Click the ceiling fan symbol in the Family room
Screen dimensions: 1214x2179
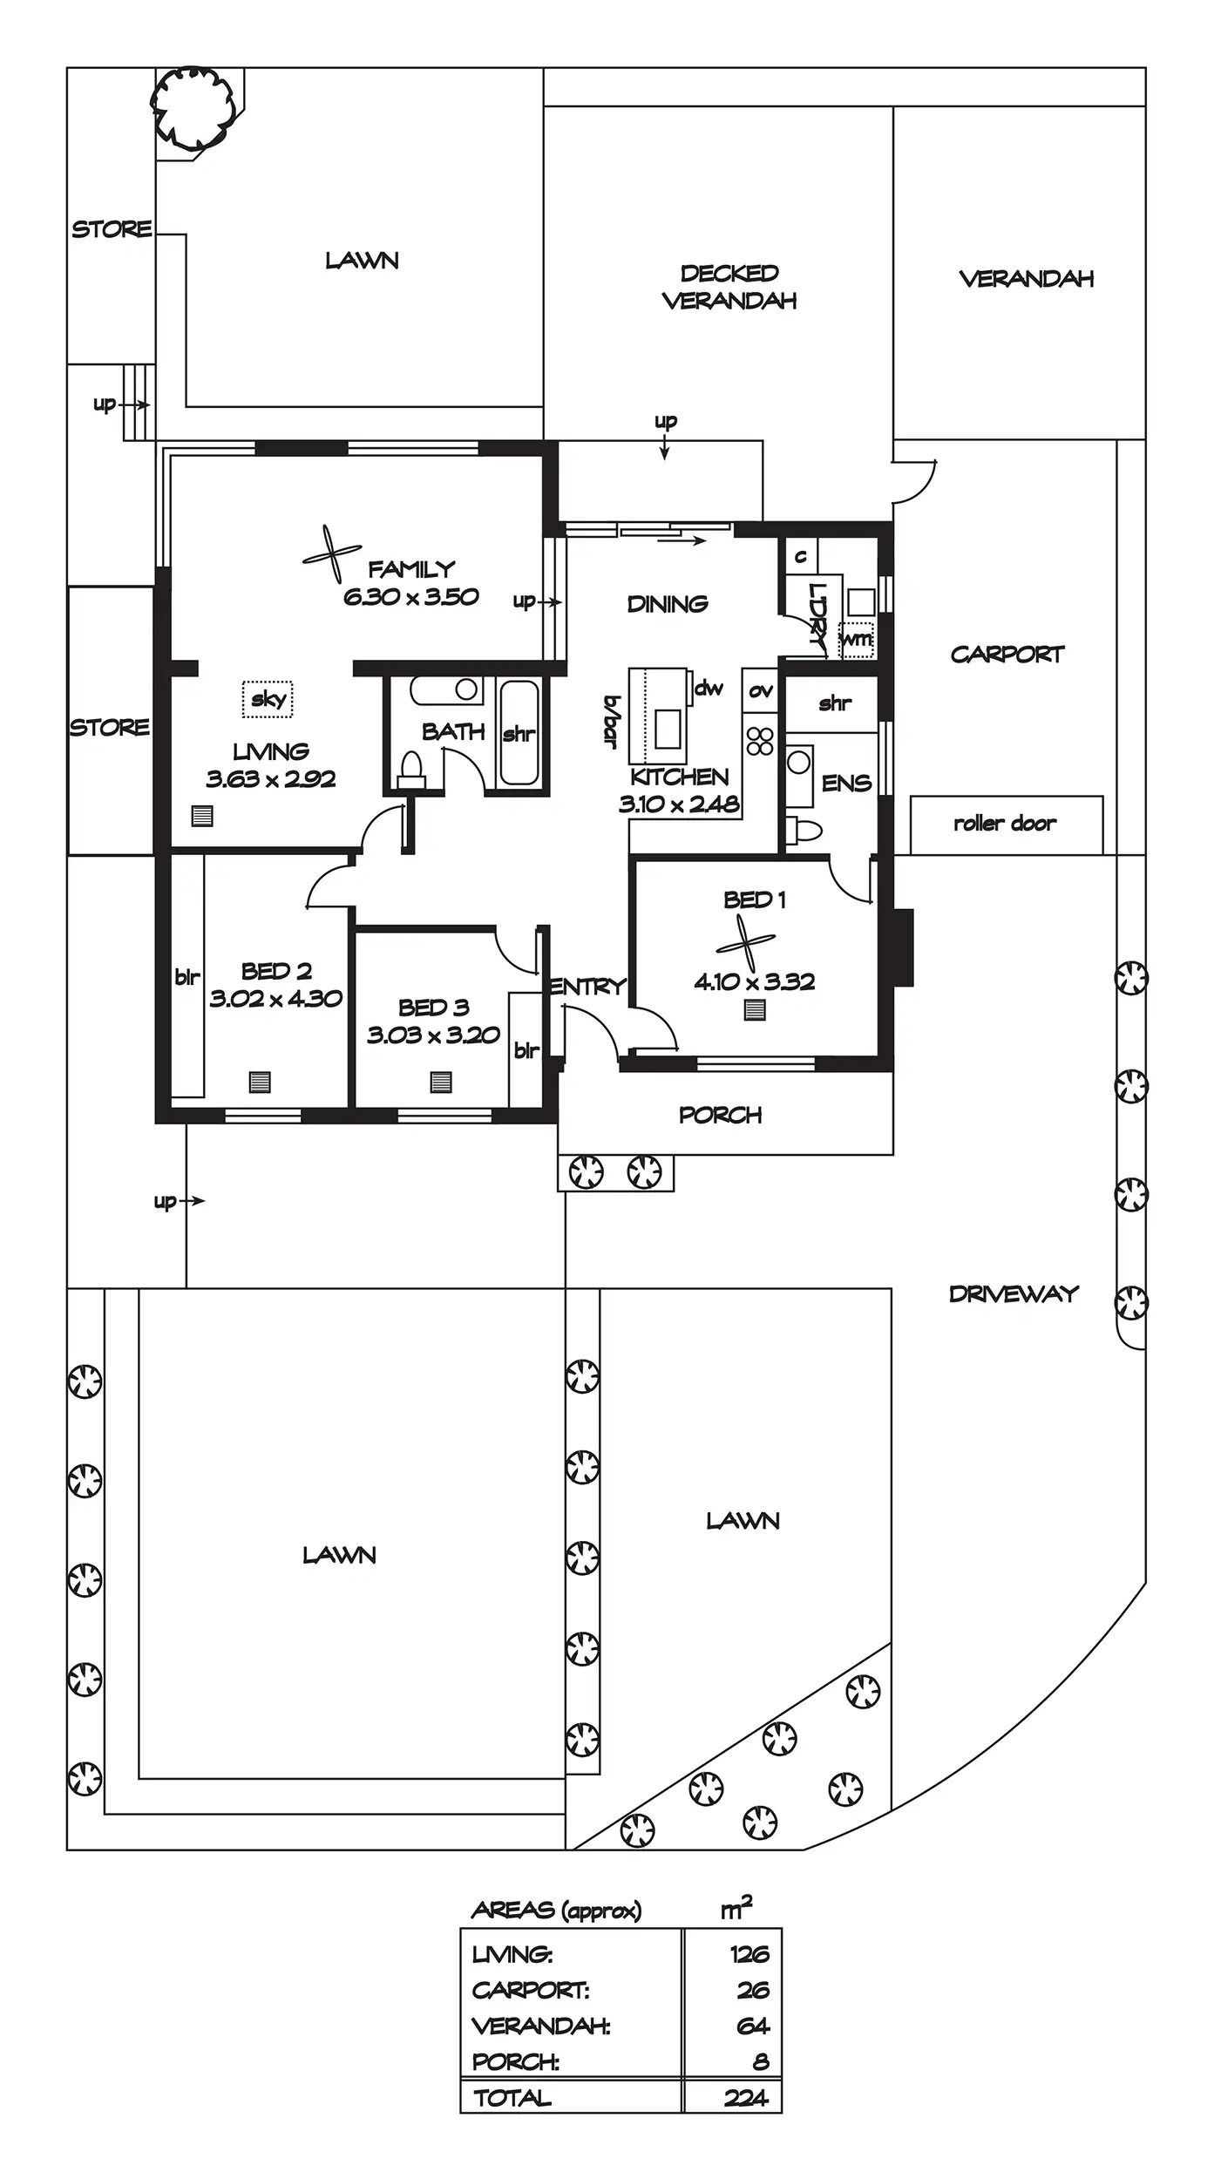click(x=332, y=553)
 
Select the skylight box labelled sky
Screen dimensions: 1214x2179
click(x=268, y=699)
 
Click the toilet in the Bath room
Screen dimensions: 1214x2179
click(x=410, y=770)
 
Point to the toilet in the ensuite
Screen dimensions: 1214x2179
click(x=804, y=830)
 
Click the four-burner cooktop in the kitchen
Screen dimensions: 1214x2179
click(x=760, y=741)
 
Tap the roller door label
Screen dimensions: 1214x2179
click(x=1005, y=823)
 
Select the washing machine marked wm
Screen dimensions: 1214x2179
click(x=856, y=640)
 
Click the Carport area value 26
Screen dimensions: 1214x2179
click(x=753, y=1990)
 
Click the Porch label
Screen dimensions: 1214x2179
click(x=720, y=1115)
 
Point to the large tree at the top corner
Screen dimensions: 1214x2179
click(x=195, y=108)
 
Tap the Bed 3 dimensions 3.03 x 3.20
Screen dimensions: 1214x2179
click(x=433, y=1035)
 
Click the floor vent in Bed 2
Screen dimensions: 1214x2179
click(x=260, y=1082)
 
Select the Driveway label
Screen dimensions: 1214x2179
click(x=1014, y=1294)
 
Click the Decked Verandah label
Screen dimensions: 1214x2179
click(x=729, y=287)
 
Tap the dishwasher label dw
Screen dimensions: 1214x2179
click(x=709, y=689)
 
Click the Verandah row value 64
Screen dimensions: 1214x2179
click(x=753, y=2026)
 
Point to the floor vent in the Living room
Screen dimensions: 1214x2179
click(x=202, y=817)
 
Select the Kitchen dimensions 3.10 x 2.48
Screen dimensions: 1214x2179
click(x=679, y=804)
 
